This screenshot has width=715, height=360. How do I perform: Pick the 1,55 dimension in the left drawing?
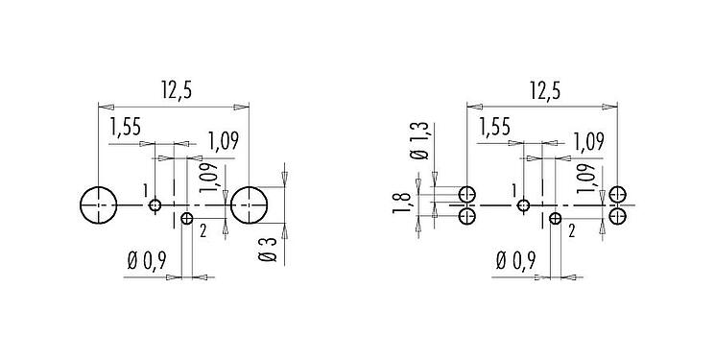(127, 128)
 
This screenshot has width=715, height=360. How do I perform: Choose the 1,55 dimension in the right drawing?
(493, 128)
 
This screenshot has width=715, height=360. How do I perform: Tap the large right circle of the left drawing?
(250, 204)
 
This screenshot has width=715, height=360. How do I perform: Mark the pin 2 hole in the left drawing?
(187, 218)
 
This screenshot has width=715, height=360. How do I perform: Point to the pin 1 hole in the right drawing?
(523, 204)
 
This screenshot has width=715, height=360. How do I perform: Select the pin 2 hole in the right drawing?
(556, 218)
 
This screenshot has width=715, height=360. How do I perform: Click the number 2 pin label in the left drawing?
(203, 230)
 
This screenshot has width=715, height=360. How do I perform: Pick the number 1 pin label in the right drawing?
(514, 190)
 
